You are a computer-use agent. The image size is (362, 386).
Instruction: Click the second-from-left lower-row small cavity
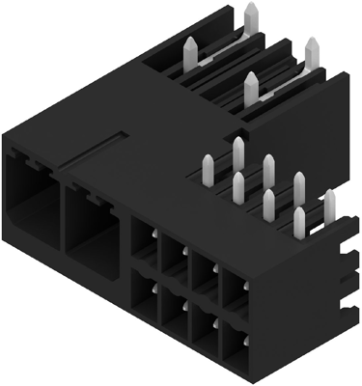point(172,313)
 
